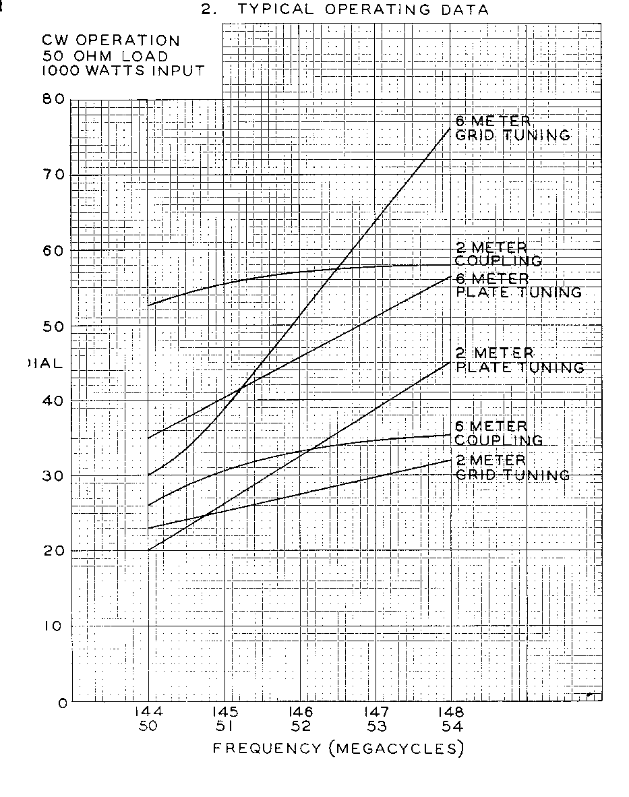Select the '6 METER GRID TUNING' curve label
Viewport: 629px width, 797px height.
[x=512, y=128]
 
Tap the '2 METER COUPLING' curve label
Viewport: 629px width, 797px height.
[x=499, y=254]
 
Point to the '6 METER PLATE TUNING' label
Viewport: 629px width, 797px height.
[x=518, y=285]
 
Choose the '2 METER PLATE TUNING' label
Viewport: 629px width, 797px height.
[x=520, y=360]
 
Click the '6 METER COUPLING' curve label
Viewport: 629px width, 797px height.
[x=499, y=433]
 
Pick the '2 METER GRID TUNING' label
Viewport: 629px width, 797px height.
[x=512, y=467]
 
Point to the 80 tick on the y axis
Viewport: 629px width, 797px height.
[x=57, y=100]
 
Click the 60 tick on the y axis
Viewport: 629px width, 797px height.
[x=57, y=251]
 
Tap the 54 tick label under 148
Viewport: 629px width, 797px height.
[x=452, y=727]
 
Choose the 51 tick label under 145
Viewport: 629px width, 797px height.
[x=224, y=727]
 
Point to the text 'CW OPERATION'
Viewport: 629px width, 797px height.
[x=111, y=42]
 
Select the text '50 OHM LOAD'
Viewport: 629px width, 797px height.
[x=104, y=56]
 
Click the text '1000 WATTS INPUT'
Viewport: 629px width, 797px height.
[x=123, y=70]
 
